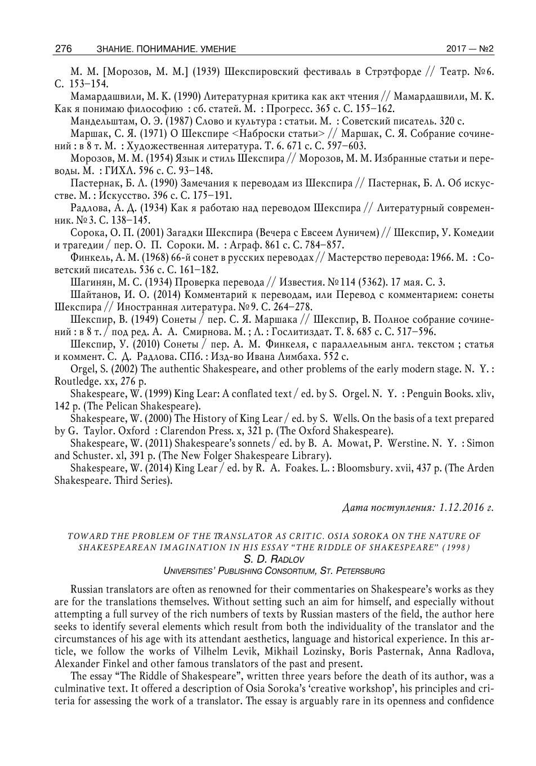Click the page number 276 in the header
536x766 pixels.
[x=63, y=49]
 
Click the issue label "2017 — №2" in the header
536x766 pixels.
[x=470, y=49]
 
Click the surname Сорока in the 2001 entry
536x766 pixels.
[x=87, y=233]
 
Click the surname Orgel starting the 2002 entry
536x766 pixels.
[x=83, y=369]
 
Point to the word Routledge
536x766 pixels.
[x=75, y=381]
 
